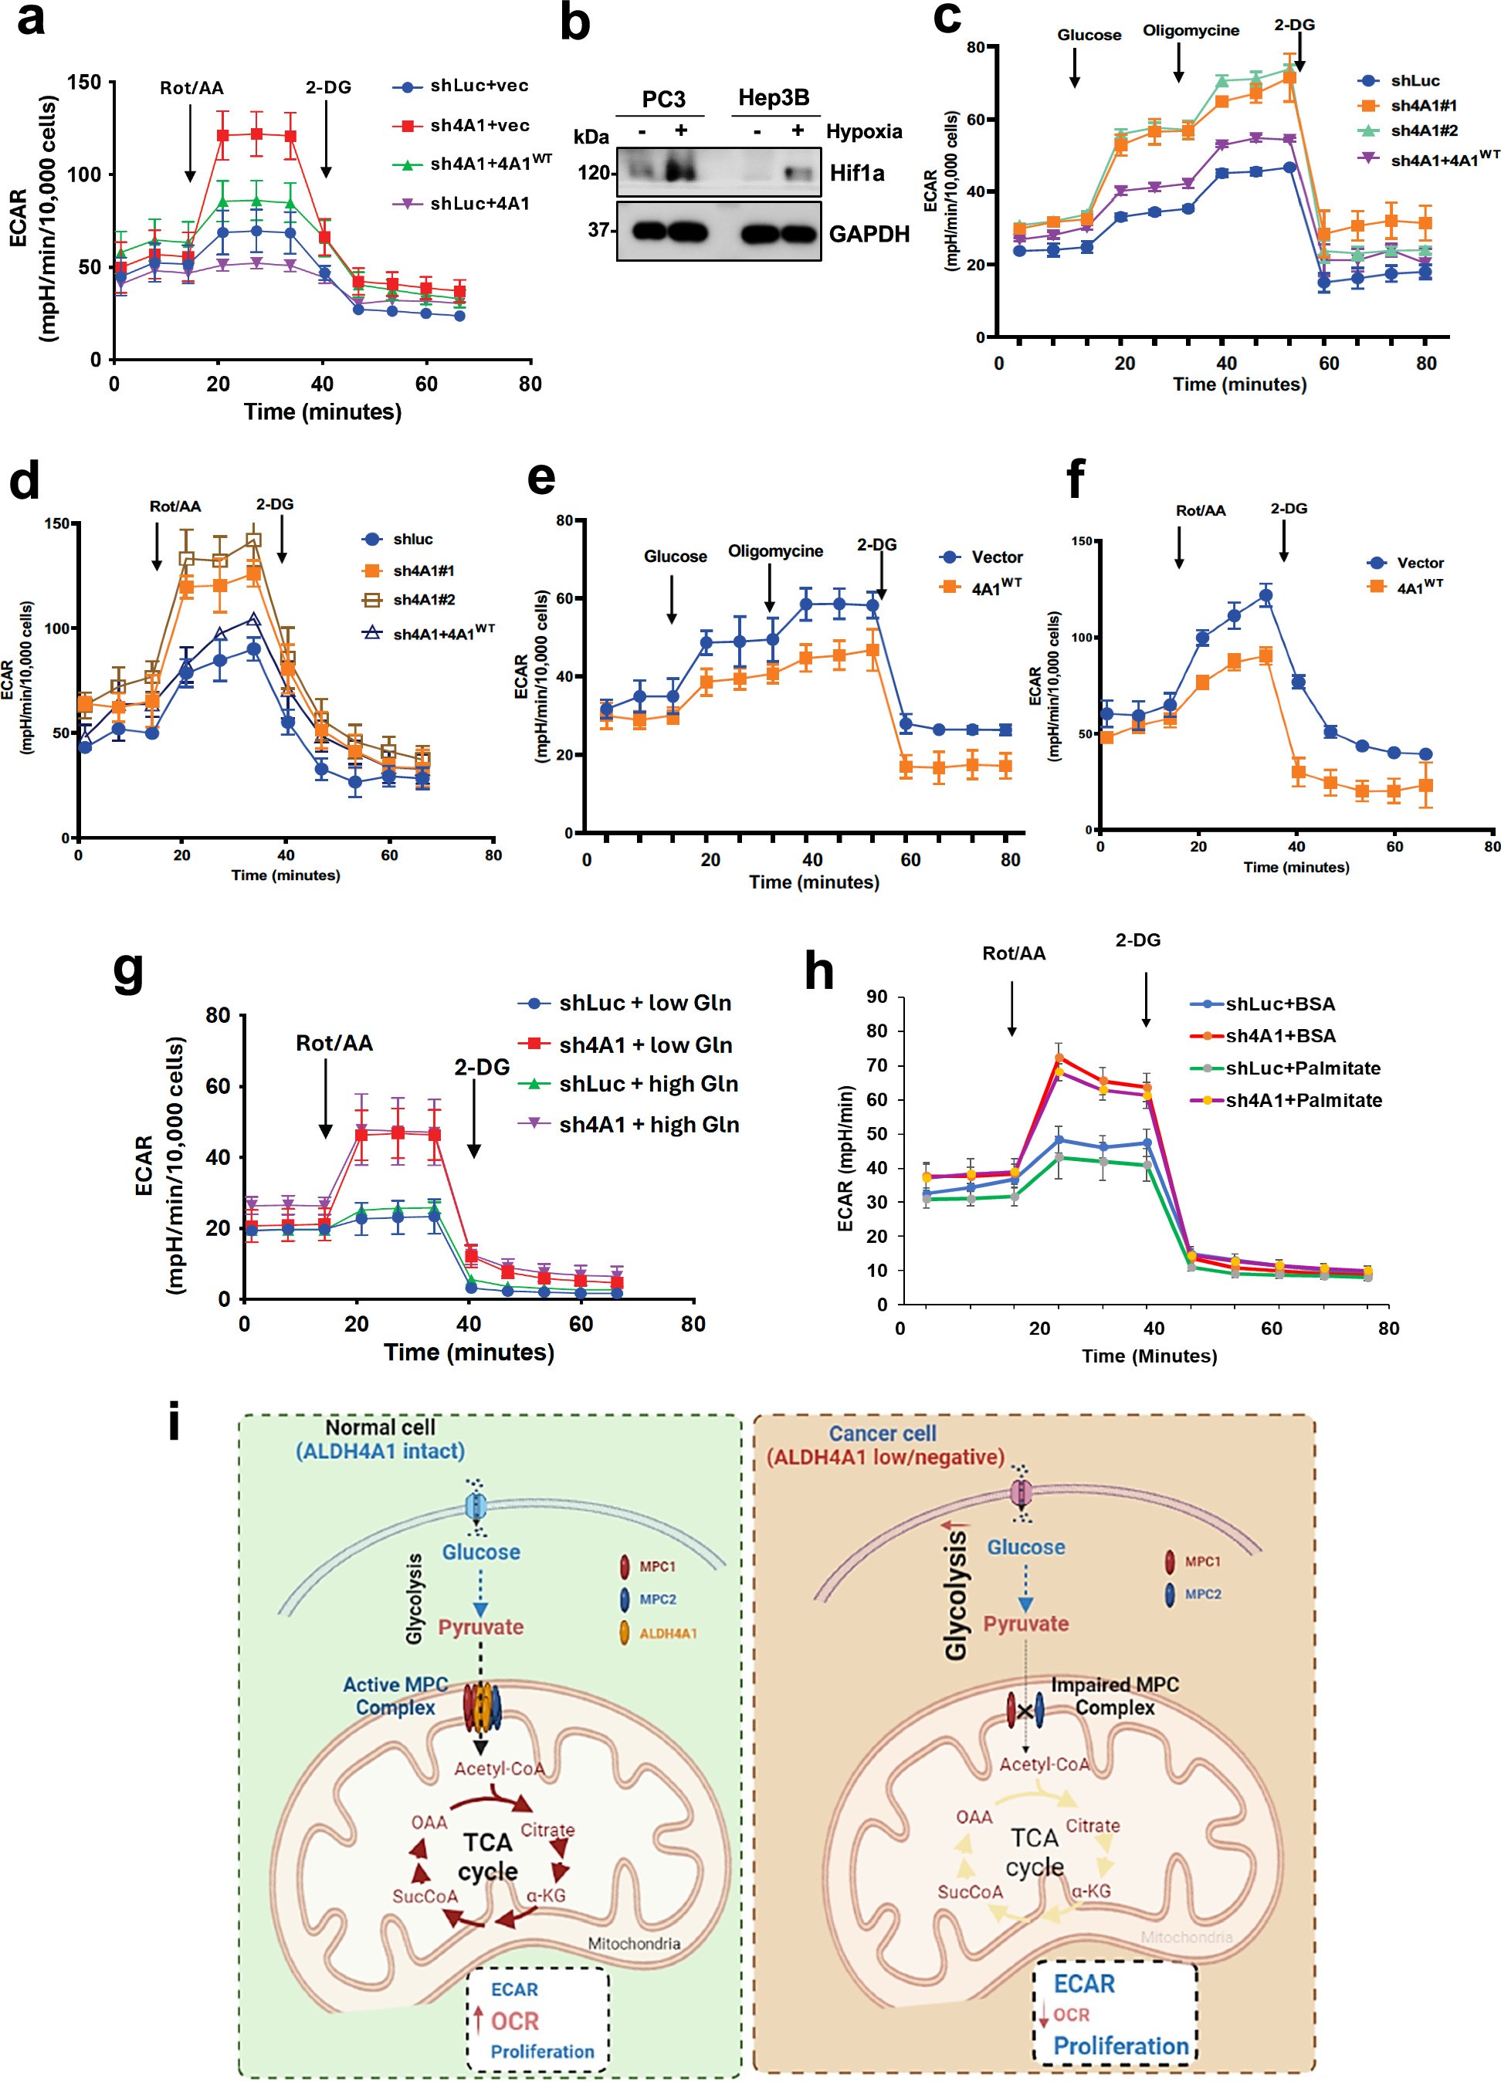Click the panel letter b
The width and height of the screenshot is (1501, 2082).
pyautogui.click(x=574, y=24)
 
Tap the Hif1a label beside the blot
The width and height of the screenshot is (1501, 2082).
pyautogui.click(x=856, y=174)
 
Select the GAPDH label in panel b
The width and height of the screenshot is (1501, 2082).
pyautogui.click(x=869, y=234)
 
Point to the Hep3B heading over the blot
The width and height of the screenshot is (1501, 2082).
pyautogui.click(x=773, y=97)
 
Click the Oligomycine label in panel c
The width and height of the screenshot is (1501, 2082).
pyautogui.click(x=1190, y=31)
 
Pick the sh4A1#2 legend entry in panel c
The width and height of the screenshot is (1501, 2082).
pyautogui.click(x=1423, y=130)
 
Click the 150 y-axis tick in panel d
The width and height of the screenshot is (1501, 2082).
pyautogui.click(x=57, y=523)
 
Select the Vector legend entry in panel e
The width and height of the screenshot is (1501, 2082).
pyautogui.click(x=996, y=557)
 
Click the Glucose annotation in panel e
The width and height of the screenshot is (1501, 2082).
pyautogui.click(x=675, y=557)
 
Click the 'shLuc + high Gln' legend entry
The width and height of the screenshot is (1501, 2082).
pyautogui.click(x=648, y=1084)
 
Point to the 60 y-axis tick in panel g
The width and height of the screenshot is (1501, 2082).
pyautogui.click(x=218, y=1087)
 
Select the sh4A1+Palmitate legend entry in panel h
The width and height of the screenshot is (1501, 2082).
pyautogui.click(x=1303, y=1100)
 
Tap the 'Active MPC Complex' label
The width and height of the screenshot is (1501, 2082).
pyautogui.click(x=395, y=1695)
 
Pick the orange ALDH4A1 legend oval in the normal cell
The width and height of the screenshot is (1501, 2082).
pyautogui.click(x=625, y=1633)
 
